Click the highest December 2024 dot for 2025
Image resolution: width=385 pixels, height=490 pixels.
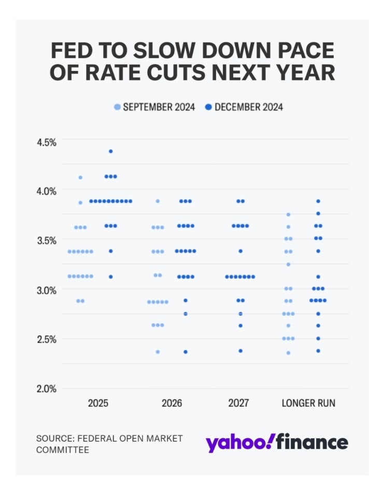point(110,151)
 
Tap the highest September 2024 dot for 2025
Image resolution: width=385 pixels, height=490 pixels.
point(80,178)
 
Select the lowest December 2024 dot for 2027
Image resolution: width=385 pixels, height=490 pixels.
point(240,351)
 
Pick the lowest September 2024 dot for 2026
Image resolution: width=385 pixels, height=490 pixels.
point(158,352)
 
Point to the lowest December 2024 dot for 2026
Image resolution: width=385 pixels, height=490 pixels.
point(186,352)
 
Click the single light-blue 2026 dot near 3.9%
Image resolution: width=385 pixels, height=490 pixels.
point(158,201)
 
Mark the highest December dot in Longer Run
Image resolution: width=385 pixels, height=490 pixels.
point(318,201)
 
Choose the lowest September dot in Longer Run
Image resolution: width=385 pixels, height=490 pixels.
point(289,353)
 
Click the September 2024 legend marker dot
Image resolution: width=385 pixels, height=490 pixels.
point(117,107)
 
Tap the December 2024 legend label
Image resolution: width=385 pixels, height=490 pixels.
point(248,107)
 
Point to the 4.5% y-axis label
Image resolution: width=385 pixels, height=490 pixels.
point(46,141)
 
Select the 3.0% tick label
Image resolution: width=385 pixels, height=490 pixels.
point(46,290)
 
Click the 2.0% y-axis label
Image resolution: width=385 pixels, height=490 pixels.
point(46,389)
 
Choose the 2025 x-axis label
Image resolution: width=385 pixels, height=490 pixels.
point(98,403)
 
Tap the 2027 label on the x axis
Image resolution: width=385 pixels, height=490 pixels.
point(239,403)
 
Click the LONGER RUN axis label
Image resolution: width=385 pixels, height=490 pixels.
point(308,403)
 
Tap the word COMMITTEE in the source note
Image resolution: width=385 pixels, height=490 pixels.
point(63,450)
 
